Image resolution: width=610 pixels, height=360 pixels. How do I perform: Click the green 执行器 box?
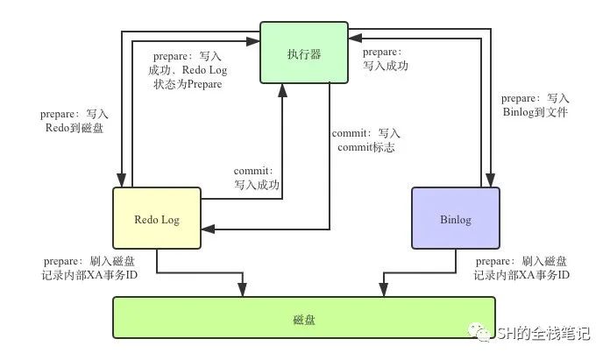[304, 53]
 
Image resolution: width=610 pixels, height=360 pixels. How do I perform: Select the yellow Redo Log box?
[157, 218]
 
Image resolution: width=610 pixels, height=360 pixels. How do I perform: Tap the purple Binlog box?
[456, 218]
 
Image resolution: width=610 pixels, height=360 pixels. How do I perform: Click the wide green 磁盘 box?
[304, 318]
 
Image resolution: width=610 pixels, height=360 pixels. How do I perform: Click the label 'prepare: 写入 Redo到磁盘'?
[74, 121]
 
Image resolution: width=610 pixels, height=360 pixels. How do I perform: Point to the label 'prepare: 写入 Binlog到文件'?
[535, 105]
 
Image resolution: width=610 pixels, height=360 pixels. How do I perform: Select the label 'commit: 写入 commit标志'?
[366, 140]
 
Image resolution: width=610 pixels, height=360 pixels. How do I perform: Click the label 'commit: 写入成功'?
[257, 178]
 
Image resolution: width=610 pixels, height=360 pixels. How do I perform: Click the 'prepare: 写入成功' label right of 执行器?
[386, 59]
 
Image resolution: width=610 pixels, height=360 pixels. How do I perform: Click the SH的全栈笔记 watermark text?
[543, 334]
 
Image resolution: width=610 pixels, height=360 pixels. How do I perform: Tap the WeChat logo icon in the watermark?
[479, 332]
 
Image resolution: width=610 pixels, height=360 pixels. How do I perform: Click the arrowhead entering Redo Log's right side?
[208, 229]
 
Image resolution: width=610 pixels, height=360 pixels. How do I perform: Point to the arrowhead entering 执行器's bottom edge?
[283, 90]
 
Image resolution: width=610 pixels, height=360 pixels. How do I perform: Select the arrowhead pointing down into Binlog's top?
[491, 180]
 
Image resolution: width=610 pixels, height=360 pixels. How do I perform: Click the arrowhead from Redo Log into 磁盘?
[243, 290]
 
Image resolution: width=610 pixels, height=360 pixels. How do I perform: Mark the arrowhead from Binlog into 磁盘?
[384, 290]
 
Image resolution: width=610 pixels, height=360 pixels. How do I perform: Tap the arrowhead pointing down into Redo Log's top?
[122, 180]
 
